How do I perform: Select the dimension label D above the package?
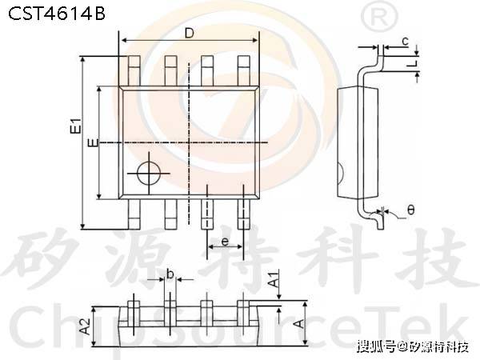point(189,33)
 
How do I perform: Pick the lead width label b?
point(170,274)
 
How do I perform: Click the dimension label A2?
point(83,324)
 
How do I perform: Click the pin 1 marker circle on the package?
point(148,173)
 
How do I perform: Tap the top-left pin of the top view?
point(130,70)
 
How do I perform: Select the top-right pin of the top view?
point(245,70)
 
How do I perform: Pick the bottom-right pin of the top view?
point(245,214)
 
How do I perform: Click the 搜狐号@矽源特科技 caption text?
point(413,347)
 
